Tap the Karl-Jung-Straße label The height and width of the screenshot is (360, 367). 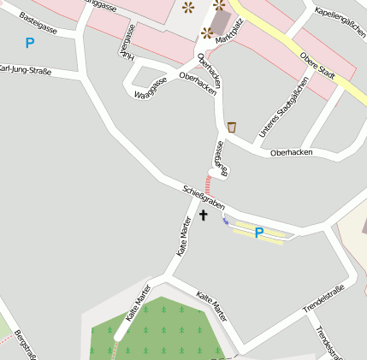pos(26,69)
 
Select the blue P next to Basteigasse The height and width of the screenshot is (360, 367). pos(30,43)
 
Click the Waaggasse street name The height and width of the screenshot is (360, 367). pos(150,88)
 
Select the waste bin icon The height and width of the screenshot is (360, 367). pos(232,127)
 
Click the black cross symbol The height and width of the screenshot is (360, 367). pos(204,215)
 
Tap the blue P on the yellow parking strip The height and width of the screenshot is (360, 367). pos(258,233)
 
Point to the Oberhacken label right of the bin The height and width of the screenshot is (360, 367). pos(291,152)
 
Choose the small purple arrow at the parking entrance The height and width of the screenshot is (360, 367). pos(225,221)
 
